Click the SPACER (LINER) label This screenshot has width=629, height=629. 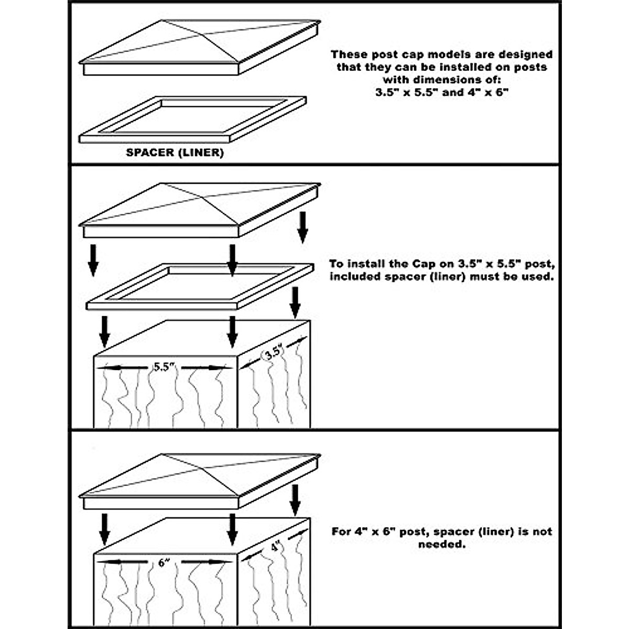[175, 153]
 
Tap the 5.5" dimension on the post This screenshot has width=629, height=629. [164, 367]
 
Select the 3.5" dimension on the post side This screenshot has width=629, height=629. [274, 353]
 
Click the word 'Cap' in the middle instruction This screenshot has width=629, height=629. [422, 264]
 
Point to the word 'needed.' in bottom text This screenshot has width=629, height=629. [441, 545]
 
